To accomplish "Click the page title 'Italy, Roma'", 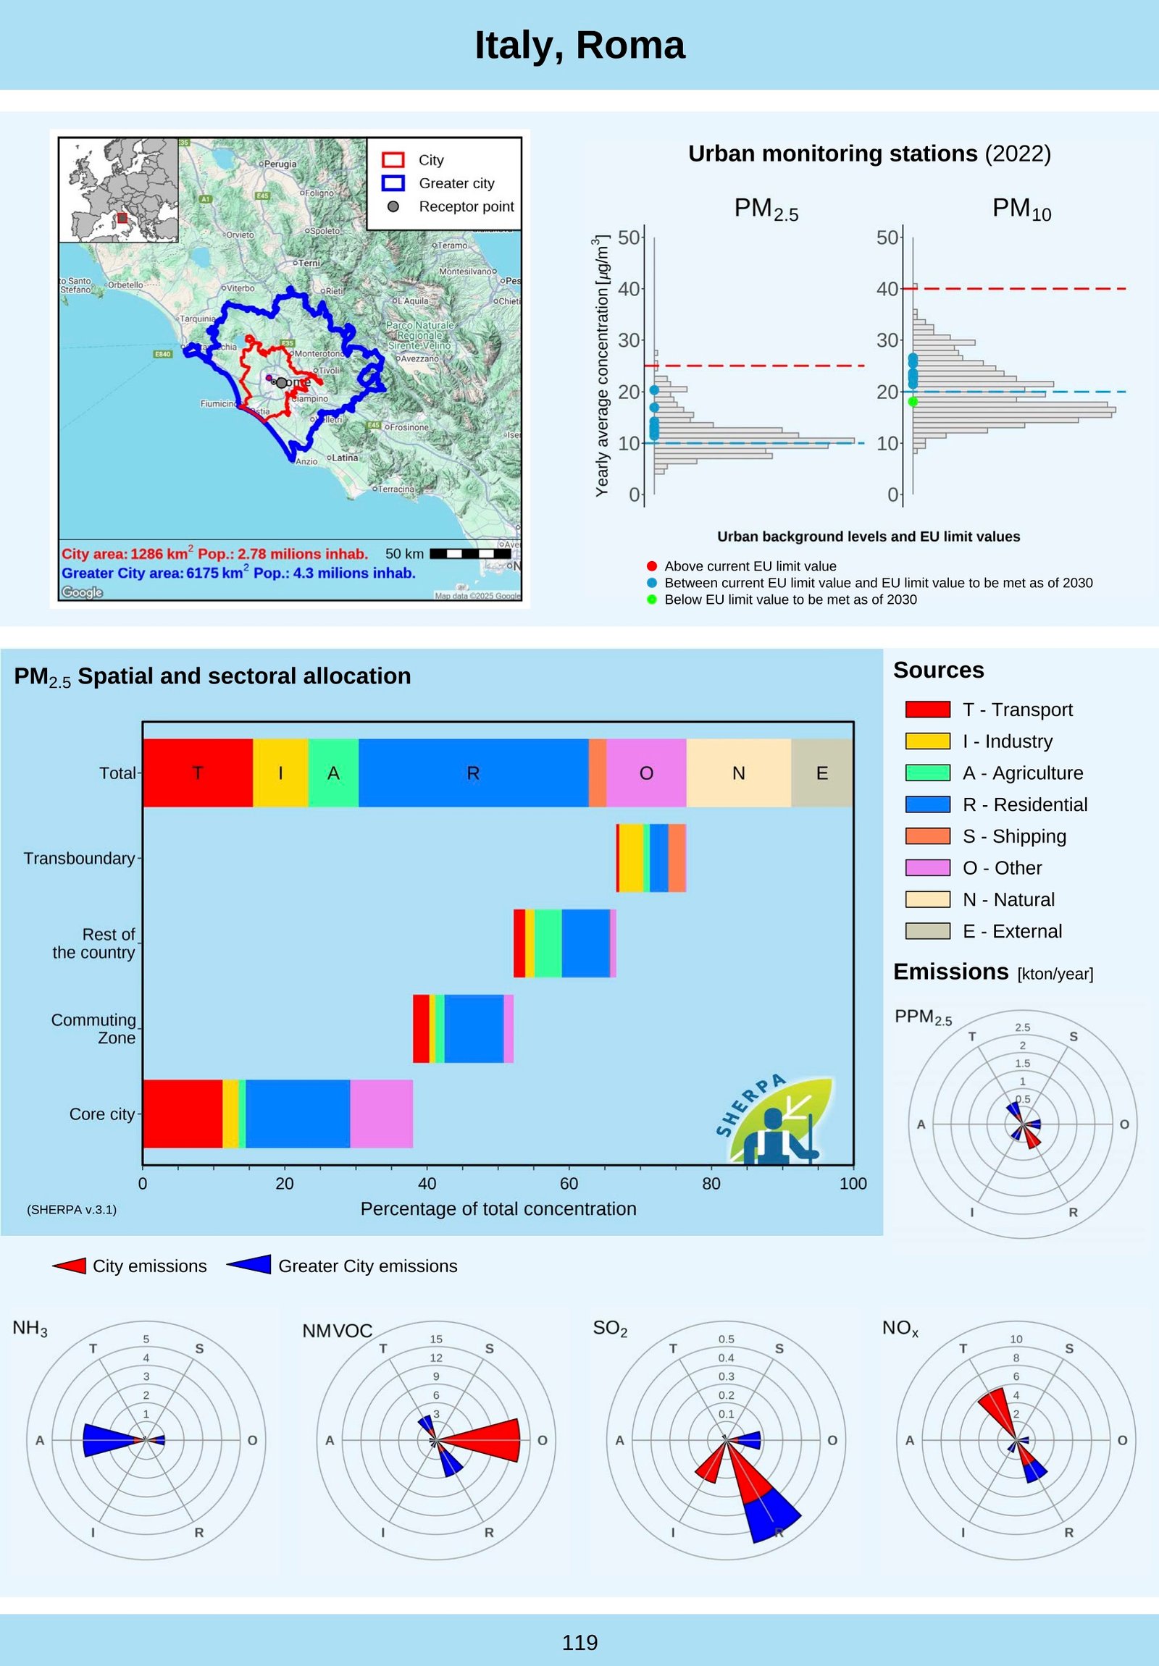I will [579, 45].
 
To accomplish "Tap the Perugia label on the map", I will [280, 164].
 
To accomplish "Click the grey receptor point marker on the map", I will [282, 382].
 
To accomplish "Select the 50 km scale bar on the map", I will [471, 554].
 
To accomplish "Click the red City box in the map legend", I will [393, 159].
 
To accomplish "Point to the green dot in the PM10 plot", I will [913, 401].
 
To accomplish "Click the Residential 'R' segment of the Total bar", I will [473, 773].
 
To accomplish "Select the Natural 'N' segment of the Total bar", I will [738, 773].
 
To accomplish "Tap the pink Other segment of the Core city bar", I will [381, 1114].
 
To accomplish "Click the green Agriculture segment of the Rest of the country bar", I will [548, 943].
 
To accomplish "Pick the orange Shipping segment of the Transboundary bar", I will [677, 858].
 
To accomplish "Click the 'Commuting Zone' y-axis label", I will [93, 1028].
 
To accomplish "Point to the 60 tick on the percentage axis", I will [569, 1184].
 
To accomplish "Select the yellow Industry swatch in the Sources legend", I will [927, 741].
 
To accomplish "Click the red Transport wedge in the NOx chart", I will [998, 1407].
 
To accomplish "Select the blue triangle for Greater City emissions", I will [251, 1265].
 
